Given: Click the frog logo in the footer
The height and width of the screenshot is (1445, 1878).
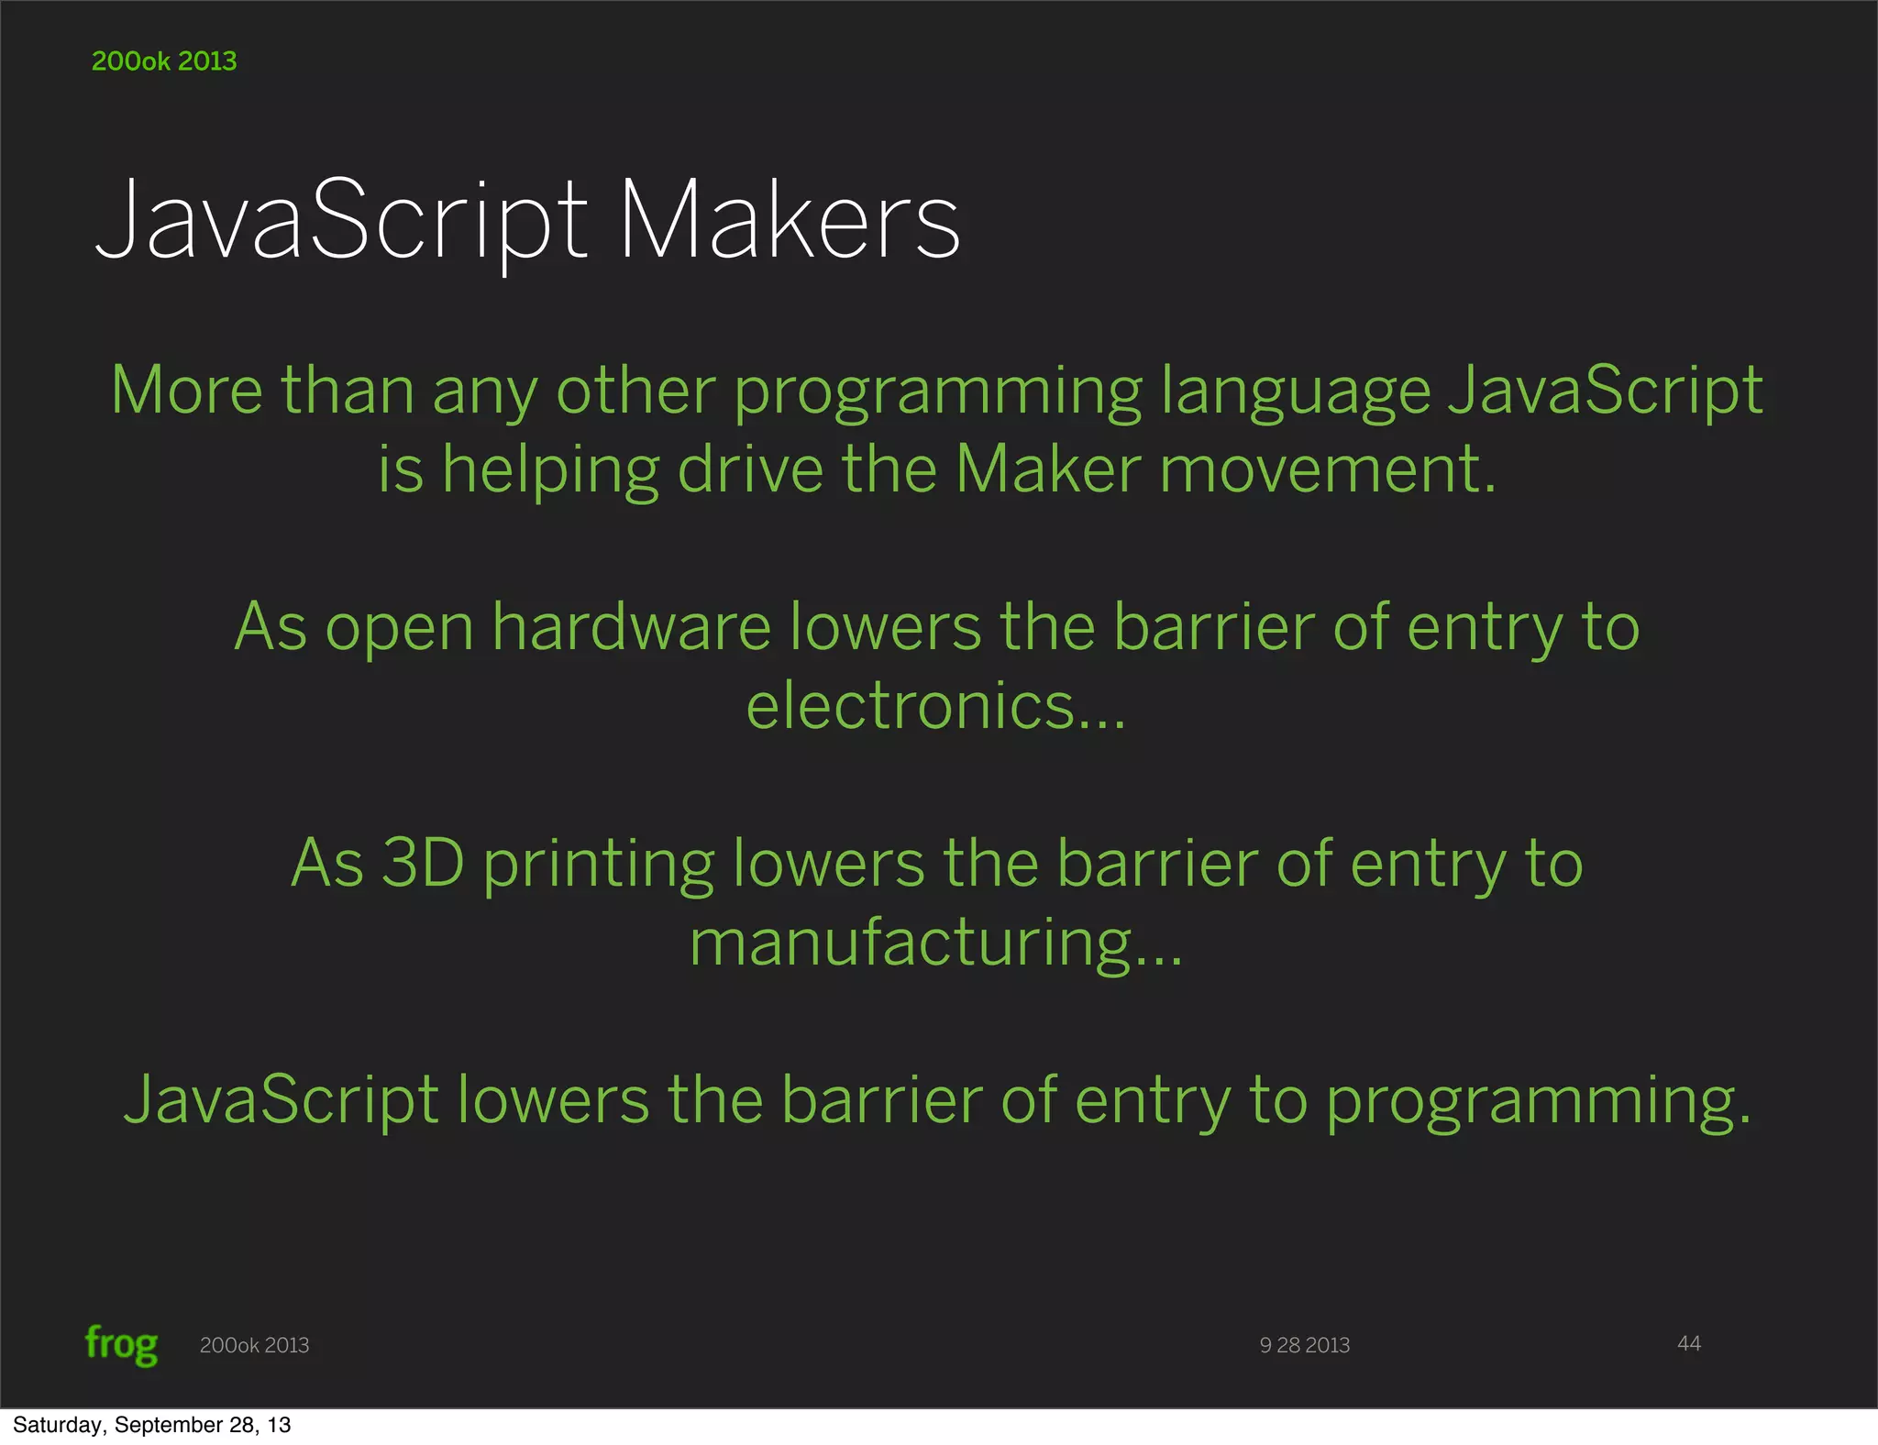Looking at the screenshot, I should point(121,1345).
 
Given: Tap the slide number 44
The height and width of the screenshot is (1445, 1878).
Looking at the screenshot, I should point(1688,1343).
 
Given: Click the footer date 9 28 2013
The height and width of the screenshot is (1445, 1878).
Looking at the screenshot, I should point(1304,1345).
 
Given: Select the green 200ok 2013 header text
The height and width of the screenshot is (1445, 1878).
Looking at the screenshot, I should point(164,61).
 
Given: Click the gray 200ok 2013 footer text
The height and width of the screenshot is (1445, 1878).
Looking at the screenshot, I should point(254,1345).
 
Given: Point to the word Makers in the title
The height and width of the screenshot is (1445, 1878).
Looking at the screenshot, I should point(790,220).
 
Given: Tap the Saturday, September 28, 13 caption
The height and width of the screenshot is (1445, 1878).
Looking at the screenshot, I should point(151,1425).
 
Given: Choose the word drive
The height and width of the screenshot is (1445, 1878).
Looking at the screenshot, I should point(750,469).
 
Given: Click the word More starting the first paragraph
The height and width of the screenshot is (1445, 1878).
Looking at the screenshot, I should point(186,391).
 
